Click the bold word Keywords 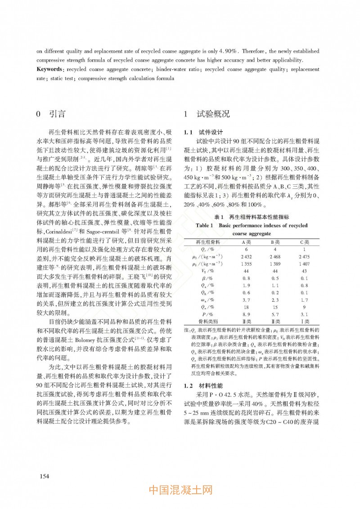(x=49, y=70)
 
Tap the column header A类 (x=246, y=241)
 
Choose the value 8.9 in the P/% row (x=246, y=314)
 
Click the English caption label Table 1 (x=207, y=225)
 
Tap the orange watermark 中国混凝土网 (x=180, y=490)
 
